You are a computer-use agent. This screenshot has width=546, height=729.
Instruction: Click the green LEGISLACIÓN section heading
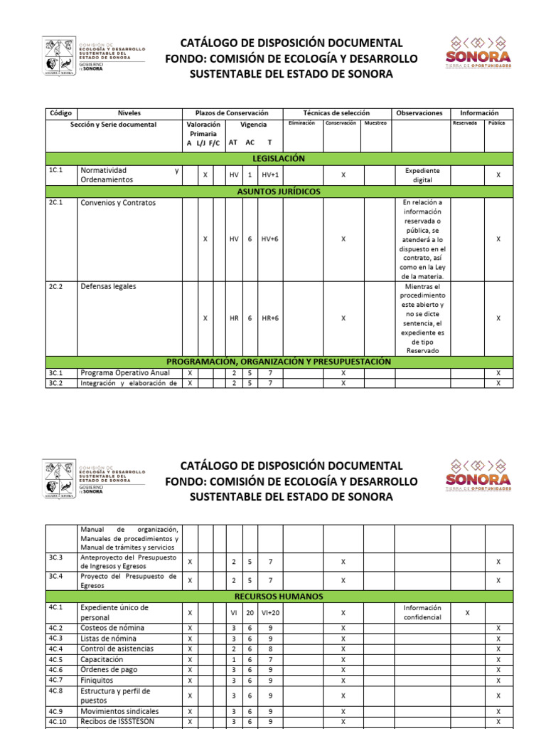tap(279, 158)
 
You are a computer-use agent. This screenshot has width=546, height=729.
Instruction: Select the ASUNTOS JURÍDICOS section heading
tap(279, 192)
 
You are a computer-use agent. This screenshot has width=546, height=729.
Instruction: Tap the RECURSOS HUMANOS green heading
tap(279, 596)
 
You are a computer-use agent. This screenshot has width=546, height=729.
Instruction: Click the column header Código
tap(61, 112)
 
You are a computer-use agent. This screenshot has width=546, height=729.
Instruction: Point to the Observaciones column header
tap(419, 112)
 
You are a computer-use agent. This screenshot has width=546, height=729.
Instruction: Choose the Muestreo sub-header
tap(375, 123)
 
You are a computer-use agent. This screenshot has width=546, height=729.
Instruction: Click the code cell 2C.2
tap(56, 286)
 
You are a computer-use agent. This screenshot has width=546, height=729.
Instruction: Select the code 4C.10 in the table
tap(58, 721)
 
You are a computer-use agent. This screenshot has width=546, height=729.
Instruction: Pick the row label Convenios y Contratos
tap(118, 202)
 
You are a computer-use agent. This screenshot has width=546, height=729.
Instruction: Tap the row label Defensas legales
tap(108, 286)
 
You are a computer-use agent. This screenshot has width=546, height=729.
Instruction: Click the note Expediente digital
tap(422, 175)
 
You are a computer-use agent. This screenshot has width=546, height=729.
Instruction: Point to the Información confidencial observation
tap(422, 612)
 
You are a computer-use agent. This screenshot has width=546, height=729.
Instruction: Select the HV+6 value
tap(270, 239)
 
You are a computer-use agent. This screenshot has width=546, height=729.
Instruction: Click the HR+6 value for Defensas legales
tap(270, 318)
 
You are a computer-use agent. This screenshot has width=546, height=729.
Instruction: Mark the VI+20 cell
tap(270, 612)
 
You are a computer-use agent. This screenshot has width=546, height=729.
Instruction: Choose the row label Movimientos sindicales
tap(119, 711)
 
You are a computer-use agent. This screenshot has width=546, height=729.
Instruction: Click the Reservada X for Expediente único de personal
tap(467, 612)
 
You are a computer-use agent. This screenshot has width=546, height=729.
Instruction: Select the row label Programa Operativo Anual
tap(125, 372)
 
